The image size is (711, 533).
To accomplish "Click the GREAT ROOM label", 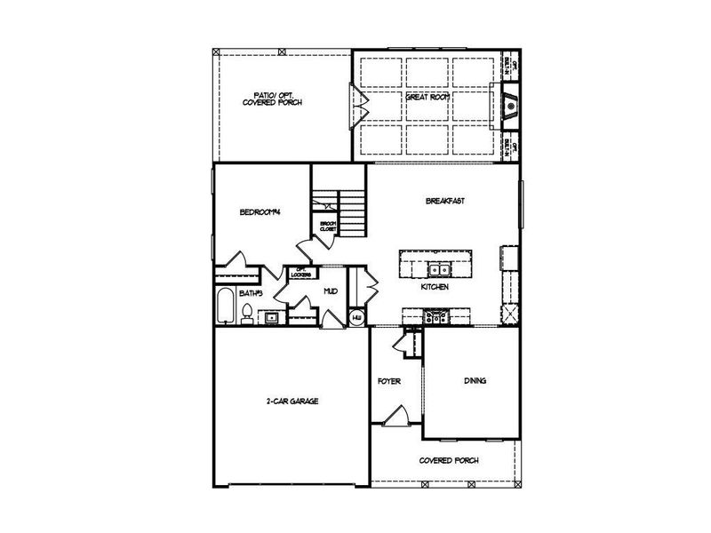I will (425, 98).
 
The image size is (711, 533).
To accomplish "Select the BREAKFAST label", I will (445, 201).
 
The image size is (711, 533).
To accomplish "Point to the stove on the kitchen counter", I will (436, 314).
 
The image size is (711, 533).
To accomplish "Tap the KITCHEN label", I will (435, 288).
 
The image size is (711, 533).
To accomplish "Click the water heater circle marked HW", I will (357, 317).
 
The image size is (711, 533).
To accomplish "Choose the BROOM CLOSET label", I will (328, 226).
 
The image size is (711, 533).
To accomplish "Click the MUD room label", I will (330, 290).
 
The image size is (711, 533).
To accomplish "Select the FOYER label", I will (388, 381).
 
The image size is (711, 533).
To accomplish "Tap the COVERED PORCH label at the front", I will (449, 460).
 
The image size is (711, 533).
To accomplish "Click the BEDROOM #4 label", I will (260, 212).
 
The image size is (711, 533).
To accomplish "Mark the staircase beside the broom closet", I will (353, 213).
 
